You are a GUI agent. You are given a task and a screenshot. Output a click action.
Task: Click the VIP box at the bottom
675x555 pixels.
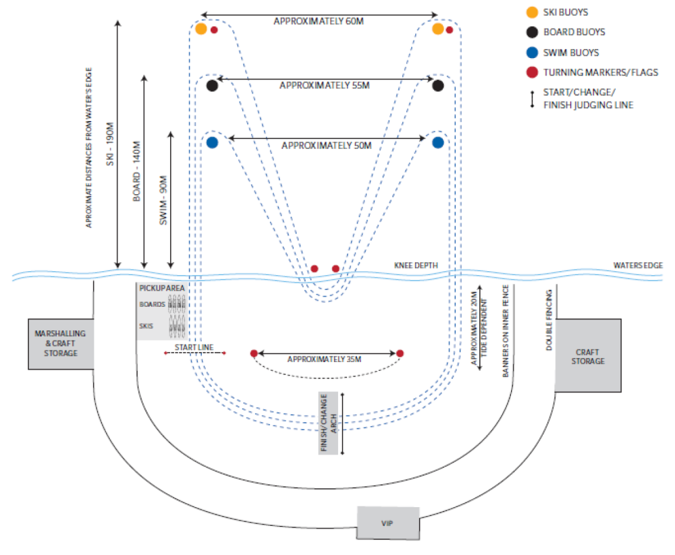click(388, 523)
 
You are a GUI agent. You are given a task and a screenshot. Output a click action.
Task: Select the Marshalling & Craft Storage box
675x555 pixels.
click(61, 343)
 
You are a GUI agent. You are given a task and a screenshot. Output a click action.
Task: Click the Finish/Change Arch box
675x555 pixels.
click(327, 423)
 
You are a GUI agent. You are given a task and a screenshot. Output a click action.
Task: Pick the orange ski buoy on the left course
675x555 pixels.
click(200, 29)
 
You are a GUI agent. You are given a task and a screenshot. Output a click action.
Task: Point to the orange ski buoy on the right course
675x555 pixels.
click(438, 29)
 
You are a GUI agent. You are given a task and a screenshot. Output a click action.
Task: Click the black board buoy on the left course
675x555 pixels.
click(212, 86)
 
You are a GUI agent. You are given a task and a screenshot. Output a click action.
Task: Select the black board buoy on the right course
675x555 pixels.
click(438, 86)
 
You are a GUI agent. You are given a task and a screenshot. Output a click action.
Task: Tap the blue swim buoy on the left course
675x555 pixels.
click(212, 142)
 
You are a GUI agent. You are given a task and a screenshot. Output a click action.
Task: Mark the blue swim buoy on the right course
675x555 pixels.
click(438, 142)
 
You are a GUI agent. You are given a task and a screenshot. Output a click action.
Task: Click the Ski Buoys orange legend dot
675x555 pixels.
click(533, 11)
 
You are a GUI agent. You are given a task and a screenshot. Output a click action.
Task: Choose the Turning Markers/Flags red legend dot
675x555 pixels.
click(533, 72)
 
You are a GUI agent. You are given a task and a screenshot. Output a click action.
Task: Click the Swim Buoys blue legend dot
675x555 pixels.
click(533, 52)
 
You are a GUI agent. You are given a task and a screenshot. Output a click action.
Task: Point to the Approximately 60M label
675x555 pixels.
click(319, 21)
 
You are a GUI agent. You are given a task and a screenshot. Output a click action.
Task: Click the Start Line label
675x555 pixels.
click(194, 347)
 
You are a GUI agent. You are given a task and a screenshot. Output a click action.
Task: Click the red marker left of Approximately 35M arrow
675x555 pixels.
click(254, 353)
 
